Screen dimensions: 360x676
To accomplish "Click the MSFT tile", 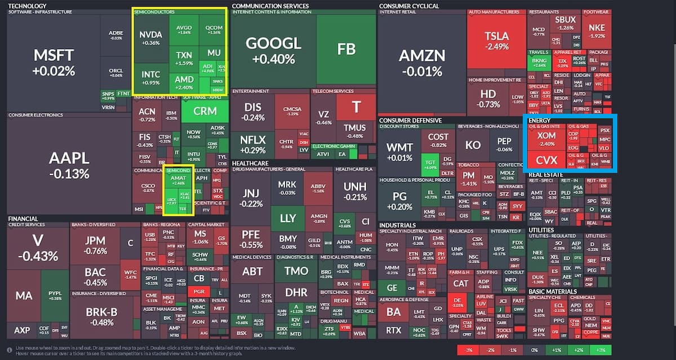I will [x=54, y=62].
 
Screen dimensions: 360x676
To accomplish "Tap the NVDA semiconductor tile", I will [x=150, y=38].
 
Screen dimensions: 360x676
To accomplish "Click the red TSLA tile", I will [x=496, y=41].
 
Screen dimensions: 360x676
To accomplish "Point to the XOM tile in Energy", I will [x=546, y=139].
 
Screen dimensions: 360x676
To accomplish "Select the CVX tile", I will [x=546, y=160].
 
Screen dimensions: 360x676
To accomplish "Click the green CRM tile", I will [x=204, y=111].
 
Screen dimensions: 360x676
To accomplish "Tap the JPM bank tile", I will [x=95, y=245].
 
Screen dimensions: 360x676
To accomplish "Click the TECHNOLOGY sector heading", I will [x=27, y=6].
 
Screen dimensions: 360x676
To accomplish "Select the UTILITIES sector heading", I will [x=541, y=230].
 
